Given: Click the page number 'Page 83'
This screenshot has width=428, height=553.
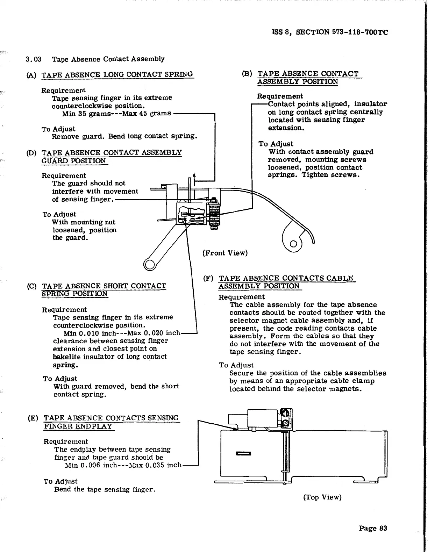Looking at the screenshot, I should pyautogui.click(x=373, y=528).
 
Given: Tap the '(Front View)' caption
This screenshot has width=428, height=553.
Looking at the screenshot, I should pyautogui.click(x=225, y=253).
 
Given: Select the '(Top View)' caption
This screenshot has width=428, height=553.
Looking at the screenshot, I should pyautogui.click(x=322, y=497).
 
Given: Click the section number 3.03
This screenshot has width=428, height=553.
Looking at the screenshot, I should pyautogui.click(x=34, y=59).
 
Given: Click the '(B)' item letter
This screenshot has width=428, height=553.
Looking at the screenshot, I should pyautogui.click(x=247, y=74).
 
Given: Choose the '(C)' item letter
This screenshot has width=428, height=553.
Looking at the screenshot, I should pyautogui.click(x=32, y=286).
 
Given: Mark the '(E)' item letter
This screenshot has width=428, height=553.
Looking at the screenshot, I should pyautogui.click(x=33, y=418).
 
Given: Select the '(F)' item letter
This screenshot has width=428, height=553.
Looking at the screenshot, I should pyautogui.click(x=208, y=279).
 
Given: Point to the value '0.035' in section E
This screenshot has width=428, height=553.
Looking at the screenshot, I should pyautogui.click(x=154, y=465).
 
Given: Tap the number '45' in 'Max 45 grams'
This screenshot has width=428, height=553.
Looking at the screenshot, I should pyautogui.click(x=143, y=113).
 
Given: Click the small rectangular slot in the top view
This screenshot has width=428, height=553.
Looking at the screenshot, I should pyautogui.click(x=243, y=454).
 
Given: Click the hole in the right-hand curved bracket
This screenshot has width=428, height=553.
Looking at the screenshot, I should pyautogui.click(x=294, y=244).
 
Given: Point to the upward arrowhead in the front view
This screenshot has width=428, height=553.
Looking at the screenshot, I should pyautogui.click(x=194, y=175).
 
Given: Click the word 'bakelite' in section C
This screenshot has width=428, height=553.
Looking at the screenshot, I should pyautogui.click(x=66, y=357).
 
